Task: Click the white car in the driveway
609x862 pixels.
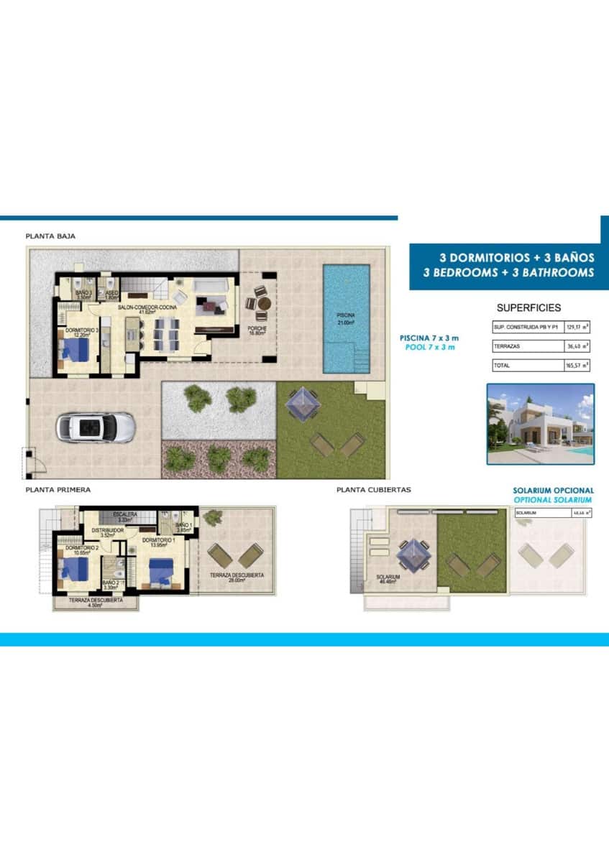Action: pyautogui.click(x=96, y=427)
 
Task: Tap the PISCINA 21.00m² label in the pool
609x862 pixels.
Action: pyautogui.click(x=347, y=318)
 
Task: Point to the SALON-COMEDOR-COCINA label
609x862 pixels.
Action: pyautogui.click(x=143, y=307)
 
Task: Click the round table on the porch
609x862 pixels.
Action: pyautogui.click(x=263, y=303)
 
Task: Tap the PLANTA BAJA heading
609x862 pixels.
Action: pyautogui.click(x=50, y=236)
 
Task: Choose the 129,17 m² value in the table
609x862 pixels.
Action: pyautogui.click(x=577, y=326)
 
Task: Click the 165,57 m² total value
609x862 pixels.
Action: pyautogui.click(x=577, y=366)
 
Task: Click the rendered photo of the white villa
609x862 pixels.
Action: pyautogui.click(x=540, y=424)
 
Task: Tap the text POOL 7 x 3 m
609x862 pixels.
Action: pyautogui.click(x=429, y=348)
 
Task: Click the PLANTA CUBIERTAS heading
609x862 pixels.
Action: pyautogui.click(x=374, y=490)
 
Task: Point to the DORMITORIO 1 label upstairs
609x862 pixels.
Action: pyautogui.click(x=158, y=540)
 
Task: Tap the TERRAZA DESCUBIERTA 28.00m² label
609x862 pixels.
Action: pyautogui.click(x=237, y=578)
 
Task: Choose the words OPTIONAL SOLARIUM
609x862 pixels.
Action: pyautogui.click(x=554, y=500)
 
